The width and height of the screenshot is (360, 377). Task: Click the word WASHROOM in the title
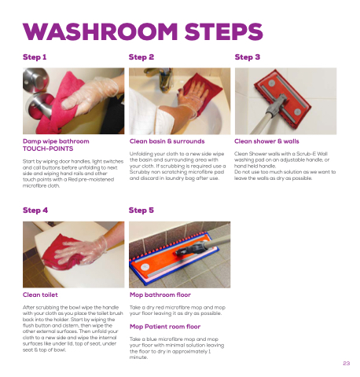[x=101, y=31]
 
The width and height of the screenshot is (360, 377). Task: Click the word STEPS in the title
[x=224, y=31]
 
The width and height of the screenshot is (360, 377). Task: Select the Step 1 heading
[x=35, y=57]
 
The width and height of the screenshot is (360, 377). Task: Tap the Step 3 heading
[x=248, y=57]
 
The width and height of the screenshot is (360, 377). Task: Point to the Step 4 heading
[x=35, y=210]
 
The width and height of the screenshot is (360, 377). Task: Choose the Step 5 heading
[x=141, y=210]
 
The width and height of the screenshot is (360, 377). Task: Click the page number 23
[x=347, y=363]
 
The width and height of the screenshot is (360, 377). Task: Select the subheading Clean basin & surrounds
[x=167, y=141]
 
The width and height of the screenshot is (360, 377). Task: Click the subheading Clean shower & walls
[x=266, y=141]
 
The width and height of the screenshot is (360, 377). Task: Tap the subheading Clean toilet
[x=40, y=295]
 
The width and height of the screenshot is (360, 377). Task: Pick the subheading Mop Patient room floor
[x=165, y=327]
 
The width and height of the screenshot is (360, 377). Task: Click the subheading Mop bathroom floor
[x=160, y=295]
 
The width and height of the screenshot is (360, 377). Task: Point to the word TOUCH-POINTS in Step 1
[x=48, y=148]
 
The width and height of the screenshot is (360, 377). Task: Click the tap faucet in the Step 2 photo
[x=162, y=78]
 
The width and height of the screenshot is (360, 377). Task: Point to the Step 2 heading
[x=141, y=57]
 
